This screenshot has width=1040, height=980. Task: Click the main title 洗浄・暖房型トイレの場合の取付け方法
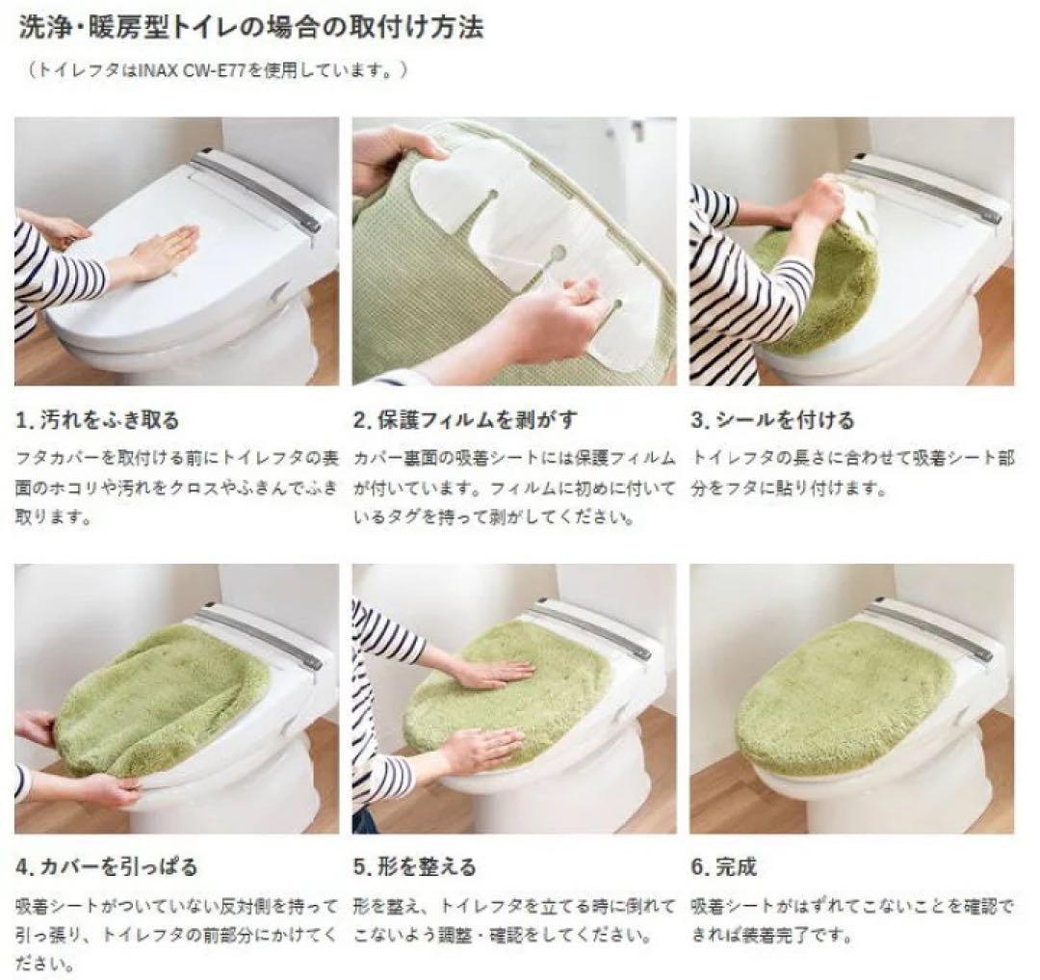pos(250,28)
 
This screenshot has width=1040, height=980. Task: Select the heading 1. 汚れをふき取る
pos(97,420)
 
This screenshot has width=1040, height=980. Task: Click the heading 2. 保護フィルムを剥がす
pos(465,420)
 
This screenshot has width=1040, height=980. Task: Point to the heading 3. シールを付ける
pos(772,420)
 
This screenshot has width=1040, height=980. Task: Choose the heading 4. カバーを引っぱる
pos(106,866)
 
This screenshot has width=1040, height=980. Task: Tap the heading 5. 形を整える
pos(414,866)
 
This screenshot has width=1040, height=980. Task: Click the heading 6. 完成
pos(723,866)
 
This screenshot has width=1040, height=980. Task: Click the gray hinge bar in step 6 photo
pos(929,631)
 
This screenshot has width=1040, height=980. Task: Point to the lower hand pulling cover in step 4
pos(106,790)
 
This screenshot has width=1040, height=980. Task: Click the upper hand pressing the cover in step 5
pos(491,674)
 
